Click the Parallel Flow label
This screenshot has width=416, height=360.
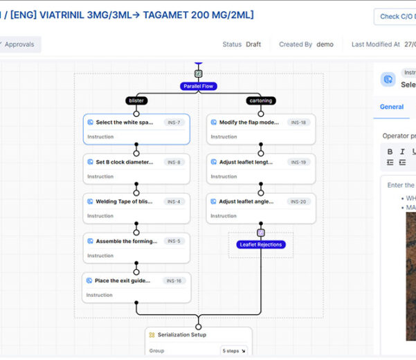tap(199, 87)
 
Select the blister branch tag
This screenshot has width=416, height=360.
tap(136, 100)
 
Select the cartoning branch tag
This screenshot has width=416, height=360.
tap(260, 100)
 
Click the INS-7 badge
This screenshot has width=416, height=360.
tap(174, 123)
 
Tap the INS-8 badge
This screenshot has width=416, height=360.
tap(174, 162)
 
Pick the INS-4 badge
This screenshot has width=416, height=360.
tap(174, 201)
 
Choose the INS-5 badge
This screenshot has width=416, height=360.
tap(174, 241)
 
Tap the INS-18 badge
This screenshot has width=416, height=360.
tap(298, 123)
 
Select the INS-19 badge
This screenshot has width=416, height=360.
tap(298, 162)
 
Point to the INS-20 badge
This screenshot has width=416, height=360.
tap(298, 201)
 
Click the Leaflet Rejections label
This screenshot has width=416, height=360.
tap(261, 244)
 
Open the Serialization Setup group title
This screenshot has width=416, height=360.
tap(182, 335)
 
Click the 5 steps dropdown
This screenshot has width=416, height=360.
tap(233, 351)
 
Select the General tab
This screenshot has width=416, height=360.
tap(392, 107)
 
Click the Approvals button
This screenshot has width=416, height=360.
tap(19, 44)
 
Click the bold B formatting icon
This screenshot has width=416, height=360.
tap(390, 152)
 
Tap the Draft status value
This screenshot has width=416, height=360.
tap(253, 44)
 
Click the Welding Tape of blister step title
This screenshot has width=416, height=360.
tap(124, 201)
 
